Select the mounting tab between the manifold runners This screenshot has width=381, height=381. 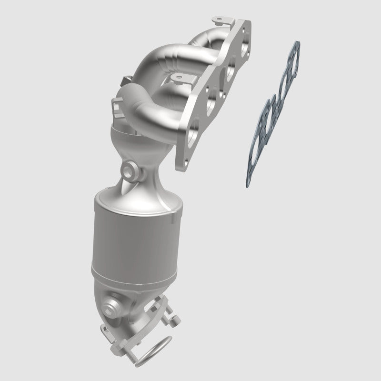click(x=178, y=77)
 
